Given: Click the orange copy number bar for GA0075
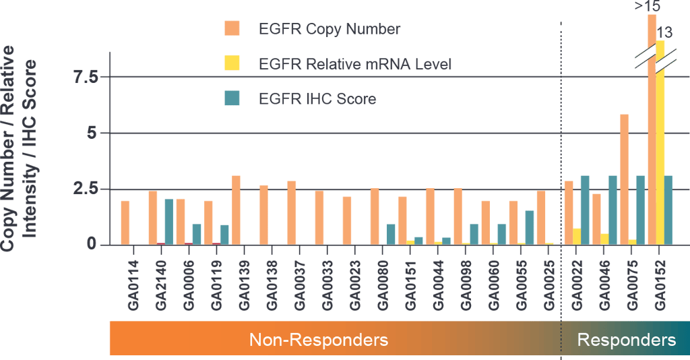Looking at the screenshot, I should click(625, 179).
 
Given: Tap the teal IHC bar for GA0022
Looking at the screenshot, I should click(585, 210).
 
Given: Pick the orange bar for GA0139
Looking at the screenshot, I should click(237, 210).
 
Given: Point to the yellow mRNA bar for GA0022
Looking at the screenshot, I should click(577, 236).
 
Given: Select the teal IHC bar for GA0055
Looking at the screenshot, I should click(530, 227).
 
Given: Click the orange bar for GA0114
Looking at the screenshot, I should click(125, 222).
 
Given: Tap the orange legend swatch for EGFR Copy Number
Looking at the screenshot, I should click(232, 29).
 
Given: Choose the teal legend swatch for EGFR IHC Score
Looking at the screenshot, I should click(232, 98).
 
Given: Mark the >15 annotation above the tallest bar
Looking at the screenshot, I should click(647, 7).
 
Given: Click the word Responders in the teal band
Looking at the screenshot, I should click(626, 339).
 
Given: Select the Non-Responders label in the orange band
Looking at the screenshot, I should click(319, 339).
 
